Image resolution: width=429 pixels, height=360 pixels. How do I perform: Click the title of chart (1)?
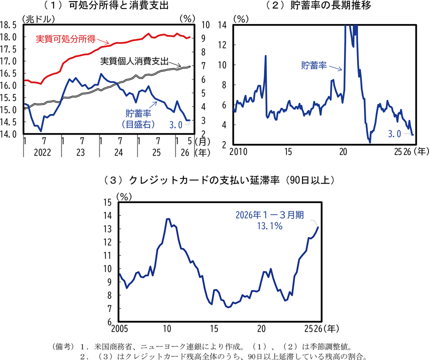[x=106, y=5]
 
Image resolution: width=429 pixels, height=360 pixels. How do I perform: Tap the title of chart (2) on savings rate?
[x=318, y=5]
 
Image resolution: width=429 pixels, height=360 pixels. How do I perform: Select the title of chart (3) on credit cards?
[x=219, y=180]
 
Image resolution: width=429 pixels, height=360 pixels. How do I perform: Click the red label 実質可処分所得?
[x=65, y=39]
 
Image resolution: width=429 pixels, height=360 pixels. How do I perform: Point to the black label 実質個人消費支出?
[x=134, y=61]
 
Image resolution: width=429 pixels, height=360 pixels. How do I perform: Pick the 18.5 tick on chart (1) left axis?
[x=8, y=25]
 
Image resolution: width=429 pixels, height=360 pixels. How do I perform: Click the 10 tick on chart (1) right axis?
[x=205, y=25]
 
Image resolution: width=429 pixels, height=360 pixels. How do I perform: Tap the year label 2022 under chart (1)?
[x=42, y=152]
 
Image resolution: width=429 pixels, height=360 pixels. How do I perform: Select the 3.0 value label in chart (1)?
[x=175, y=125]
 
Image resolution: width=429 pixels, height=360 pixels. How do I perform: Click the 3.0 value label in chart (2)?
[x=394, y=134]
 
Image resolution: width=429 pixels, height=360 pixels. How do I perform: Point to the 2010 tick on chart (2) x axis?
[x=238, y=151]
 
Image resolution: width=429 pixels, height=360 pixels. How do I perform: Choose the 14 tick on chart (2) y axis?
[x=222, y=25]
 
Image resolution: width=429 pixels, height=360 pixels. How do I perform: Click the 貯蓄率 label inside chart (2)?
[x=314, y=65]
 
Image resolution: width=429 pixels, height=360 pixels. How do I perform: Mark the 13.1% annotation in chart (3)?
[x=270, y=226]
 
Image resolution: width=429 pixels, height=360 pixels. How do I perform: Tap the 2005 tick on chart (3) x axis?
[x=119, y=328]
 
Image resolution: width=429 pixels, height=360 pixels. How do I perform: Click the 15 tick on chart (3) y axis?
[x=107, y=202]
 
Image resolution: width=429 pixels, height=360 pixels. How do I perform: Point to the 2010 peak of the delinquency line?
[x=168, y=219]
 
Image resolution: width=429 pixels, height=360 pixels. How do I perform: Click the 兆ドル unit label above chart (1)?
[x=38, y=19]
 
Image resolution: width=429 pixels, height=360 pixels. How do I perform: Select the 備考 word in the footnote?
[x=63, y=346]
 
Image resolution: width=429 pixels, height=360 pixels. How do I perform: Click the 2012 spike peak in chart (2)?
[x=265, y=56]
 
